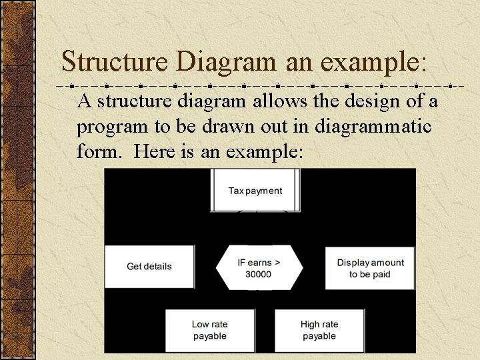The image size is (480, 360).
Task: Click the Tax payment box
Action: point(255,190)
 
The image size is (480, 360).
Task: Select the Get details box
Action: point(149,267)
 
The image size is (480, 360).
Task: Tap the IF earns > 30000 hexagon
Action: point(259,267)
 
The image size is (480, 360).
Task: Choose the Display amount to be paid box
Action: point(370,268)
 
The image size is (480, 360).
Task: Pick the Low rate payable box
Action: point(210,330)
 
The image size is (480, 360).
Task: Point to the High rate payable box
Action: point(319,330)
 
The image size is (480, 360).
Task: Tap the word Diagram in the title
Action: point(227,62)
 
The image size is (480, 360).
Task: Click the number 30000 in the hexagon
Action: point(259,274)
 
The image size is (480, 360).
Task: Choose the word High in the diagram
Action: point(310,325)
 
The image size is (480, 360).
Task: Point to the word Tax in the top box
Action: point(235,191)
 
